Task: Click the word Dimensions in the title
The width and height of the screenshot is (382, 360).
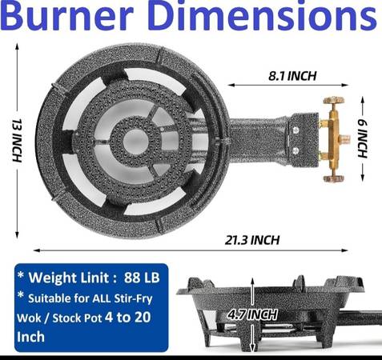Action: (263, 15)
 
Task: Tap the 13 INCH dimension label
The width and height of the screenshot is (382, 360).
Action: (17, 140)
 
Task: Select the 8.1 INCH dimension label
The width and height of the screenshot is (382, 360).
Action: (292, 76)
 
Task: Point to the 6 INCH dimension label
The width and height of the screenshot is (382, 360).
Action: (363, 138)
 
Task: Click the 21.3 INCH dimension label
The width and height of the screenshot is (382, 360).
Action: (252, 240)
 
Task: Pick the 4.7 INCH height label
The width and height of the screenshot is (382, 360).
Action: (252, 314)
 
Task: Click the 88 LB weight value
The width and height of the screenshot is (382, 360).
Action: (142, 278)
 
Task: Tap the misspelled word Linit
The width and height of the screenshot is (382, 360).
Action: (95, 278)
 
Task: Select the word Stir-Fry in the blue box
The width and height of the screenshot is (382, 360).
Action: (133, 298)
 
